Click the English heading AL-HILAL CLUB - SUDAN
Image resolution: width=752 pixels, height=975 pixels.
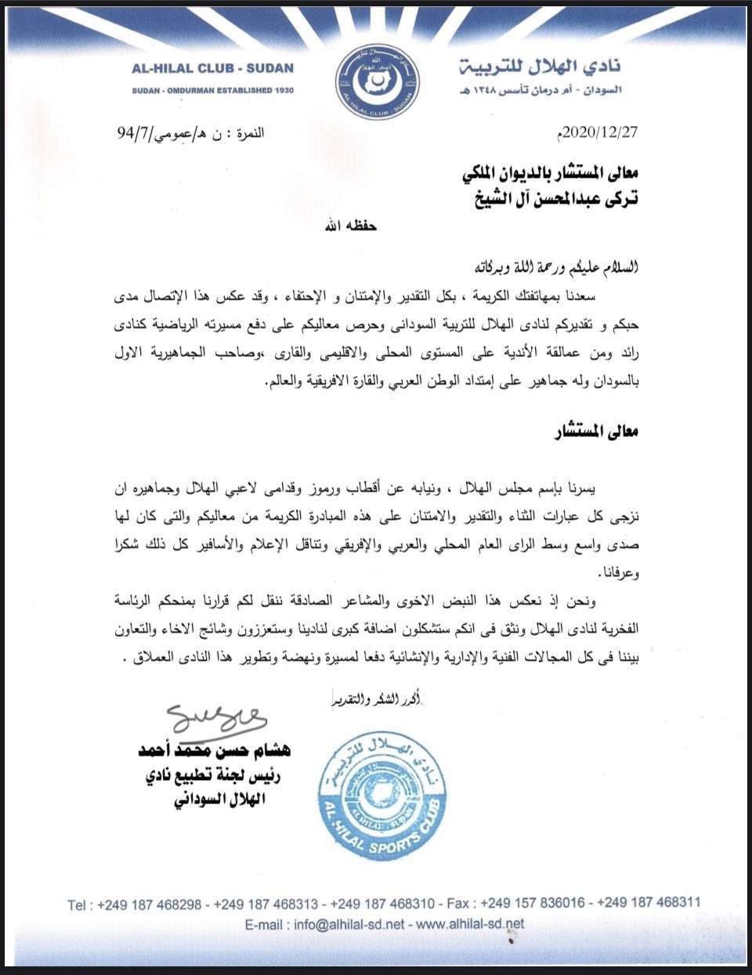213,68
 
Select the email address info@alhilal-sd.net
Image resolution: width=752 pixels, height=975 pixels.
349,924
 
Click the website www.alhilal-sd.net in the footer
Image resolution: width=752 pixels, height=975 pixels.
470,924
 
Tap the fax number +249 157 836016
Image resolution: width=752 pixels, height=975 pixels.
532,903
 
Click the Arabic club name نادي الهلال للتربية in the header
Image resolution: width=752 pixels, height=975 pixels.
540,66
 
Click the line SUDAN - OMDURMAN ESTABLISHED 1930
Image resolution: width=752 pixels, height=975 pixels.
213,91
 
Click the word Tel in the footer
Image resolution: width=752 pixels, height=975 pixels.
78,905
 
